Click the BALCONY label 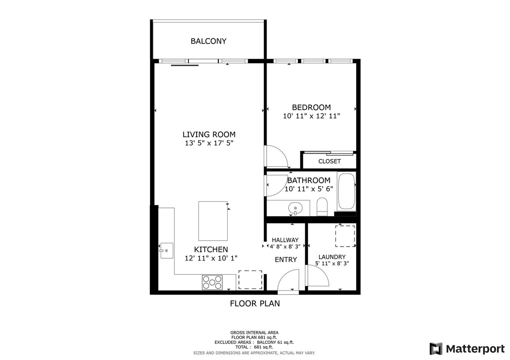[x=208, y=41]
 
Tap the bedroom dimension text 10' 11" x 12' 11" [x=311, y=116]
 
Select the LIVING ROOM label [x=209, y=134]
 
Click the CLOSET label [x=330, y=161]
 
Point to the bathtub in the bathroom [x=346, y=191]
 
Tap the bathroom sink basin [x=295, y=208]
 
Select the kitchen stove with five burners [x=212, y=282]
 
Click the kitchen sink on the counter [x=167, y=250]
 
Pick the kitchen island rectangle [x=213, y=221]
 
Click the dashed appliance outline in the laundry [x=345, y=236]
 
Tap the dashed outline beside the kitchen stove [x=250, y=280]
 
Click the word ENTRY [x=286, y=260]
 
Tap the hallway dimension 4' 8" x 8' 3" [x=285, y=247]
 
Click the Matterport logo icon [x=436, y=349]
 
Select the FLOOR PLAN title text [x=255, y=304]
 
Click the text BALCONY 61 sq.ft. [x=275, y=342]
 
